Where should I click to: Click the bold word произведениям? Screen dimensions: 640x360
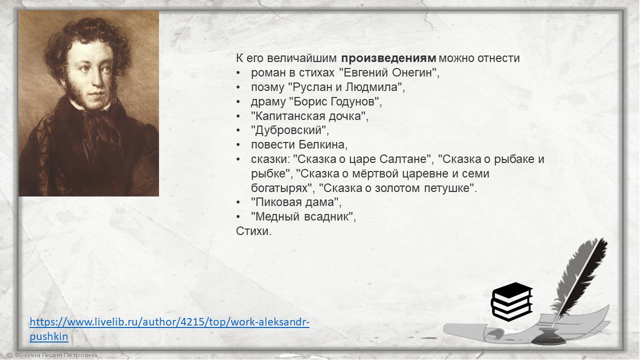click(x=388, y=58)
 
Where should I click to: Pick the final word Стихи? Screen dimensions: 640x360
click(x=253, y=231)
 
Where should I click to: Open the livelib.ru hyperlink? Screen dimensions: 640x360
click(x=169, y=329)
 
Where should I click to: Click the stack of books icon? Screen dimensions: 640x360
click(x=512, y=301)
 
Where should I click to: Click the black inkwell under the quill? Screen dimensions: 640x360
click(x=548, y=336)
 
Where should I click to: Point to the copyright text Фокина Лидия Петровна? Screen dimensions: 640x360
click(x=51, y=355)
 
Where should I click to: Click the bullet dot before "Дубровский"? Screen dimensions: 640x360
click(x=238, y=130)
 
